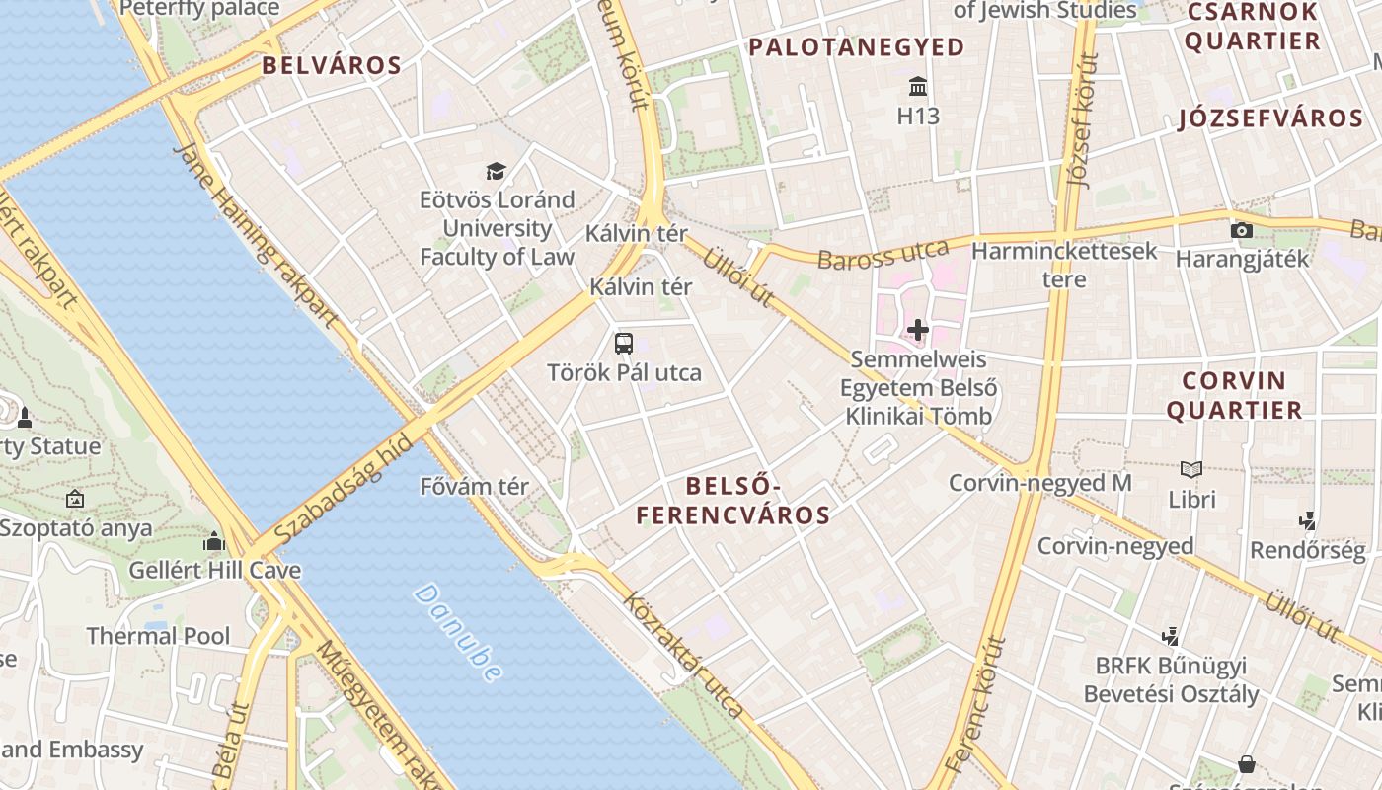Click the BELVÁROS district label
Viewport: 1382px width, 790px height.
point(332,66)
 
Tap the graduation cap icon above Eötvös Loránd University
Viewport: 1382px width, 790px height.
point(496,171)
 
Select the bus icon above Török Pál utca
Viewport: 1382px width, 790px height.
point(624,344)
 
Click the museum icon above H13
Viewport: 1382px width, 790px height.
point(918,86)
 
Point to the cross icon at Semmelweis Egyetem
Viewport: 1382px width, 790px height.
point(918,330)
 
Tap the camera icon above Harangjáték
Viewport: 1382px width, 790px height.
point(1242,230)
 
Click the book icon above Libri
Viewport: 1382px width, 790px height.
point(1191,469)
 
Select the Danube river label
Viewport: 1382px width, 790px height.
point(458,632)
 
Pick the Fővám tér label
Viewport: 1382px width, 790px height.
point(475,487)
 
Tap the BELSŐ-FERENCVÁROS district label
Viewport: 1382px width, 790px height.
point(732,500)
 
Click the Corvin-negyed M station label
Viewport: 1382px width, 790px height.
point(1039,483)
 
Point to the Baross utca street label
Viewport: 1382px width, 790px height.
point(883,254)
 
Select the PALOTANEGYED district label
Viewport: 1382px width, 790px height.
point(856,46)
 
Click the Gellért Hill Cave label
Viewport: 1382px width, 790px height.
point(215,570)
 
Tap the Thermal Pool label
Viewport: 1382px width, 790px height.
point(158,635)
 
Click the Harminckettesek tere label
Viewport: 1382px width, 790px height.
point(1064,265)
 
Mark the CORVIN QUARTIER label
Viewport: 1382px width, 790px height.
point(1234,395)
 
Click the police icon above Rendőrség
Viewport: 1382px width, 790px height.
point(1308,519)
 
